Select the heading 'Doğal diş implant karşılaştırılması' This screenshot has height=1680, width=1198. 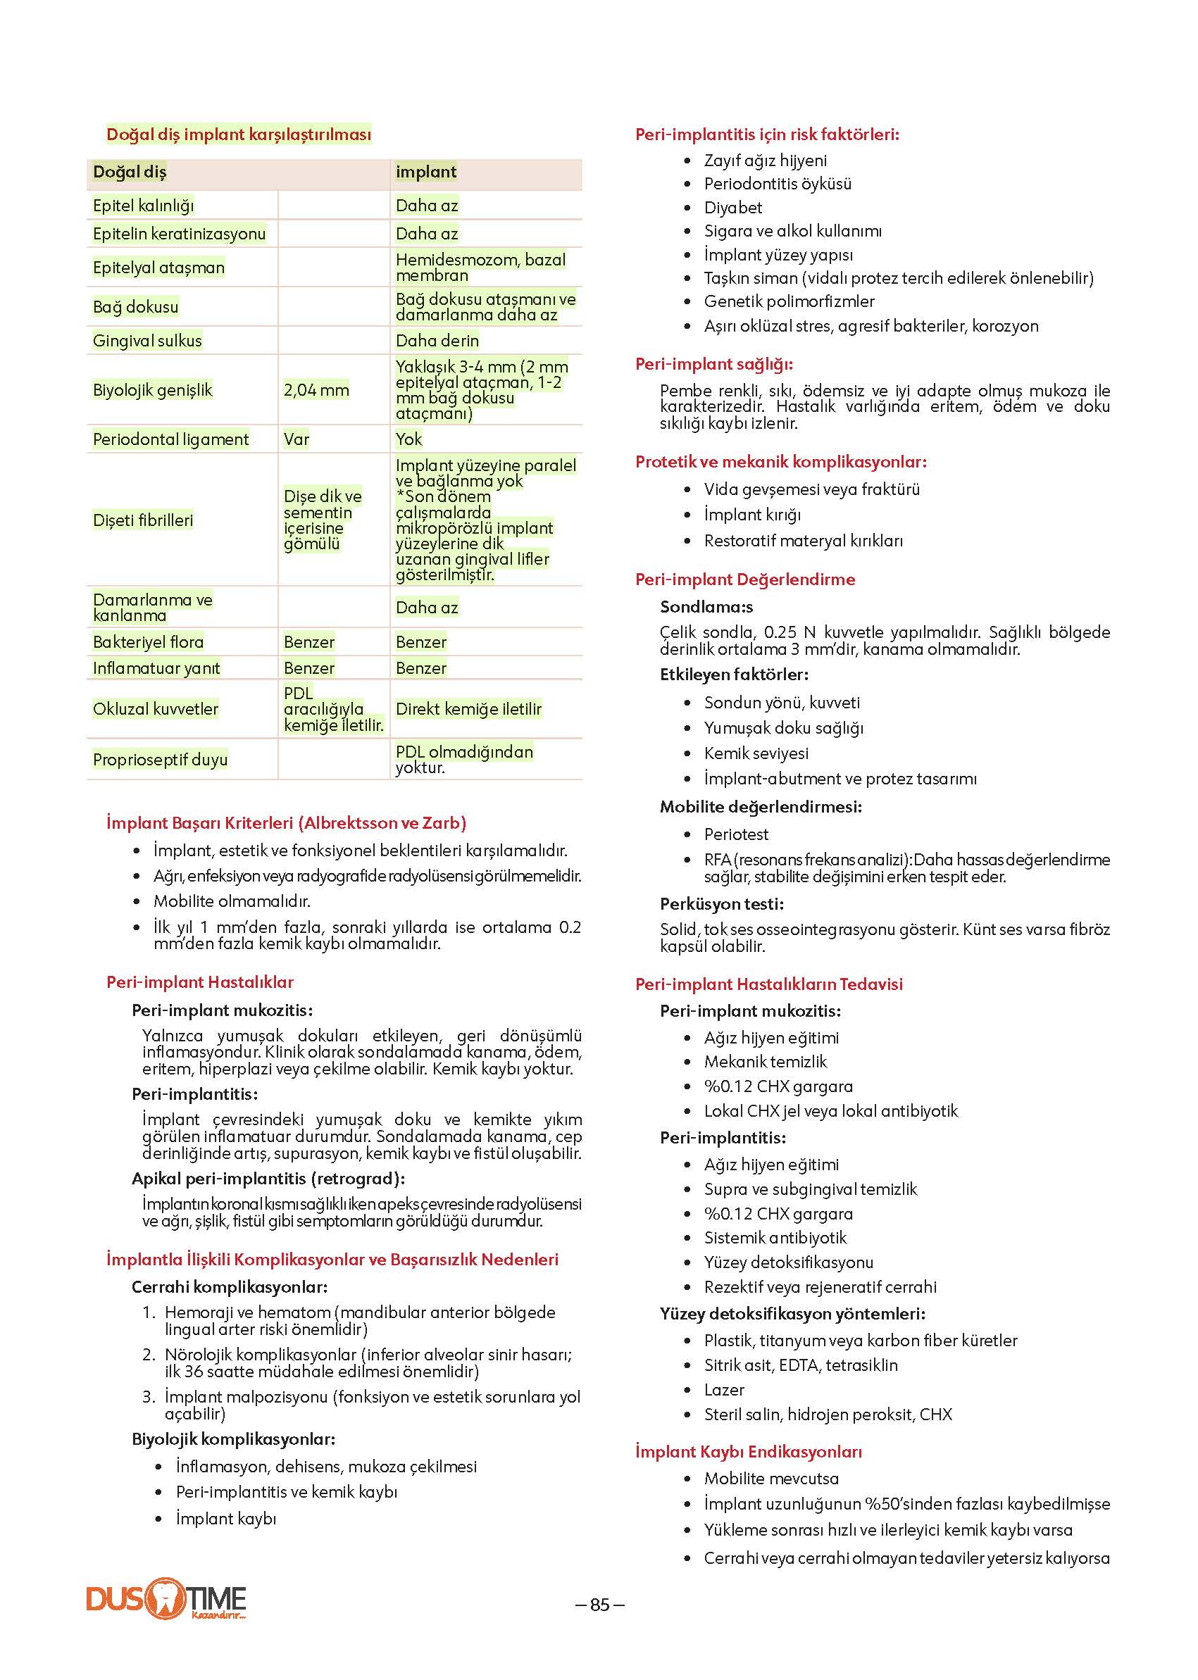tap(238, 134)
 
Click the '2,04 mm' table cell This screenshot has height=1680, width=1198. tap(316, 390)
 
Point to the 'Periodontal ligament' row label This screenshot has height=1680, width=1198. tap(170, 439)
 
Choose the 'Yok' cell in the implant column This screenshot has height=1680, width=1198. tap(408, 439)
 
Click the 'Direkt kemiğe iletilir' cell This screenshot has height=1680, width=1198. tap(468, 709)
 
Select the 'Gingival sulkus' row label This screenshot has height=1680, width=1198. tap(146, 341)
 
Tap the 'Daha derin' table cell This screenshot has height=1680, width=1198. tap(437, 341)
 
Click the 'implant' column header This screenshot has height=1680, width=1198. tap(425, 172)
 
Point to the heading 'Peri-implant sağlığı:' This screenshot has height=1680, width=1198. tap(714, 364)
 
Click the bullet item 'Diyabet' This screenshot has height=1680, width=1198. tap(732, 208)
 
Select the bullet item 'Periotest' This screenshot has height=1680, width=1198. tap(735, 834)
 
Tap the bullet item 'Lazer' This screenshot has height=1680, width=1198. tap(724, 1389)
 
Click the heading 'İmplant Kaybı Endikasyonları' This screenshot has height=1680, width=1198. tap(748, 1451)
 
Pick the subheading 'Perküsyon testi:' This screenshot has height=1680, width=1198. tap(721, 903)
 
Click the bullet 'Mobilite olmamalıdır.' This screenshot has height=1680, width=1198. tap(232, 901)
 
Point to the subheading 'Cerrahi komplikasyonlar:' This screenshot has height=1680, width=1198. tap(230, 1287)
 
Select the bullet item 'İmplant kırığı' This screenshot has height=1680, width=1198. tap(751, 515)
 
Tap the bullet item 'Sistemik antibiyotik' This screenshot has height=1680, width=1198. tap(775, 1238)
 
